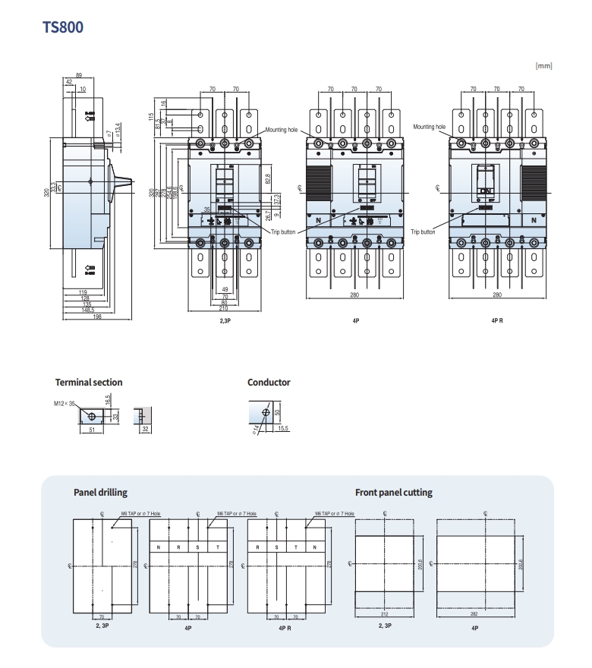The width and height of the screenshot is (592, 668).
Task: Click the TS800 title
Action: (x=63, y=27)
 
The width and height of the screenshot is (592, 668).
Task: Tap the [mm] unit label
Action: (x=543, y=66)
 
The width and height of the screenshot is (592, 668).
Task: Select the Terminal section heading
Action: (x=89, y=383)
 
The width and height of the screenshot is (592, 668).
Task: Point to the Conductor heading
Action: (x=269, y=383)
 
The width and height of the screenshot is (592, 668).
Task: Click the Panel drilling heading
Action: (x=100, y=493)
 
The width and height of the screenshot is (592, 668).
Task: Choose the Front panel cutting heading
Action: (x=393, y=493)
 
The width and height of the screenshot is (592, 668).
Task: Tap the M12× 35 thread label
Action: (x=65, y=404)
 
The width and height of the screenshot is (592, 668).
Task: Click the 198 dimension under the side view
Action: (x=97, y=316)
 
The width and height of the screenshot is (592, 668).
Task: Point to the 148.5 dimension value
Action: (x=89, y=310)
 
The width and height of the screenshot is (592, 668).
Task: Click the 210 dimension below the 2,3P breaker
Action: (x=225, y=309)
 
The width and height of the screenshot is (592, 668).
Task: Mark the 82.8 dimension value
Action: (x=268, y=179)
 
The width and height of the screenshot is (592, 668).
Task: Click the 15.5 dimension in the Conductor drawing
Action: (x=283, y=429)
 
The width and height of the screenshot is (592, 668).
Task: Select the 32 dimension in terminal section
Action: (x=144, y=429)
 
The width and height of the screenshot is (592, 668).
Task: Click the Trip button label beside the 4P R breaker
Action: (x=423, y=232)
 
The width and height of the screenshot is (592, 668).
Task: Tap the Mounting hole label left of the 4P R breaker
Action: (x=429, y=127)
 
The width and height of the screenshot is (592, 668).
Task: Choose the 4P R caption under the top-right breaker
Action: (x=497, y=321)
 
